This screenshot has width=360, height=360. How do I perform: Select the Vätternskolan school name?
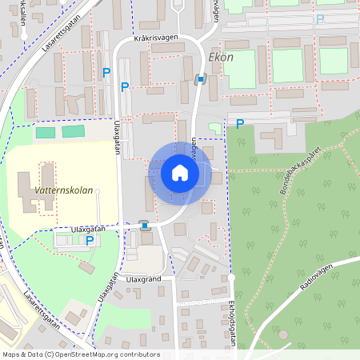[x=54, y=191]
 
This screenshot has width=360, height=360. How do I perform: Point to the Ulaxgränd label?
[x=144, y=279]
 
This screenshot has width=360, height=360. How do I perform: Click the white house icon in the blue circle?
[x=179, y=173]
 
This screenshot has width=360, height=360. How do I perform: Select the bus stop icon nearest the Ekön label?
[x=200, y=78]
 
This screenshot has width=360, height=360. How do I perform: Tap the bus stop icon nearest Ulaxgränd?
[x=144, y=226]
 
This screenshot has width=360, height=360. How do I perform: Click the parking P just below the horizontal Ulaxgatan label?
[x=90, y=240]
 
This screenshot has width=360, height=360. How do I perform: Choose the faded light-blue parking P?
[x=321, y=19]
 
